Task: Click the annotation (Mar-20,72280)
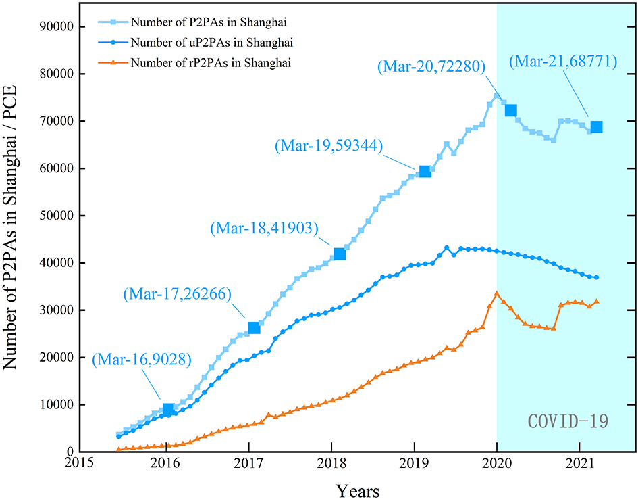click(x=429, y=66)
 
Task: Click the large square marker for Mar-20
click(x=511, y=110)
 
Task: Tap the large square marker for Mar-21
click(x=596, y=127)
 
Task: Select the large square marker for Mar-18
click(x=340, y=254)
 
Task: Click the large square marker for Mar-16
click(x=168, y=409)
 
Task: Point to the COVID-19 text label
click(x=568, y=422)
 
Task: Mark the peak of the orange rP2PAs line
click(x=497, y=293)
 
